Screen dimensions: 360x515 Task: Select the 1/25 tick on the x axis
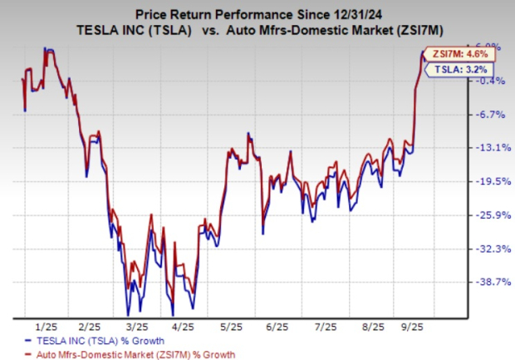point(46,327)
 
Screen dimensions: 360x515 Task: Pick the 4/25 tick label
point(184,327)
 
